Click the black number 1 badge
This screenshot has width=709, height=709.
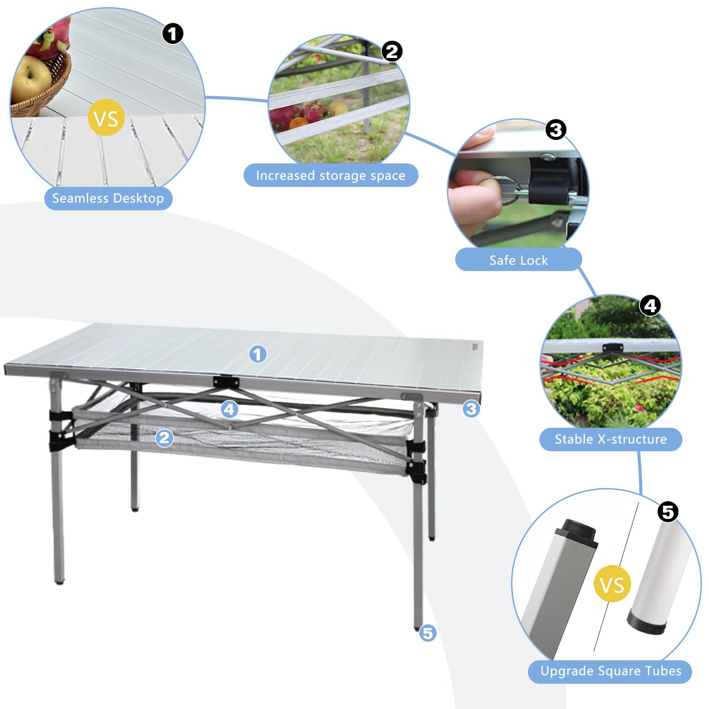click(173, 34)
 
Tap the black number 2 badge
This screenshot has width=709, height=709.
click(392, 51)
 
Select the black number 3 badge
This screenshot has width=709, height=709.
click(556, 130)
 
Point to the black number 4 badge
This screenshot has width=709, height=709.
click(650, 306)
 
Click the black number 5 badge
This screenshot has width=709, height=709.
click(668, 512)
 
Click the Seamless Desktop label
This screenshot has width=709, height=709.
click(108, 198)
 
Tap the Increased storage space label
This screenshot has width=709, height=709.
click(330, 175)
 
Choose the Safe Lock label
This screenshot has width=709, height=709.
click(518, 260)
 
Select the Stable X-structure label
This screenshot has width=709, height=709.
click(610, 439)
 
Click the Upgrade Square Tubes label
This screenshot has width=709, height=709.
click(610, 671)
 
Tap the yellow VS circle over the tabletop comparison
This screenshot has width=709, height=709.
click(106, 118)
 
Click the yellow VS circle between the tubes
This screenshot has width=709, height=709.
click(612, 584)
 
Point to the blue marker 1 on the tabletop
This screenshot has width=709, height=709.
click(258, 354)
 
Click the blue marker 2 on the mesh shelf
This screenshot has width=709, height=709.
click(164, 438)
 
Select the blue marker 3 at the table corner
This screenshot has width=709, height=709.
click(471, 408)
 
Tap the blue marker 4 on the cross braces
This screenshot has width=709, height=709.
click(229, 409)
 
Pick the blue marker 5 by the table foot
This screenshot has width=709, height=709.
click(428, 633)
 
